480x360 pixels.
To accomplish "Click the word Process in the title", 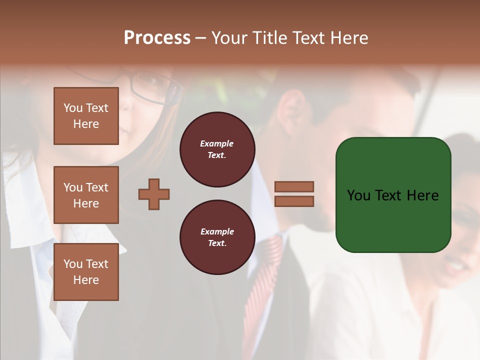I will pos(157,38).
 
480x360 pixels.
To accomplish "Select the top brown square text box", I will pos(86,116).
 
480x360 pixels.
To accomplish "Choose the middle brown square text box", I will pos(86,195).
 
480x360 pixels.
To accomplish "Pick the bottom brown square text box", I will pos(86,272).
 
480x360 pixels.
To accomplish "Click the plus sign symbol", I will pos(154,194).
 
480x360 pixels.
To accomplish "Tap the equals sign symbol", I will pos(294,194).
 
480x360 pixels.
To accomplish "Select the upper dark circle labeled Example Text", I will pos(217,149).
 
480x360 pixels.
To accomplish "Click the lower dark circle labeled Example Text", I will pos(217,237).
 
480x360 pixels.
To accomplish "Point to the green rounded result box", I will pos(393,195).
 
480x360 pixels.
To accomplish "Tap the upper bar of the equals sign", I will pos(294,186).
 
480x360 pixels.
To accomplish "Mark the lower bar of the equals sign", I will pos(294,201).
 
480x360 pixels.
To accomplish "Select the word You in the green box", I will pos(358,195).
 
